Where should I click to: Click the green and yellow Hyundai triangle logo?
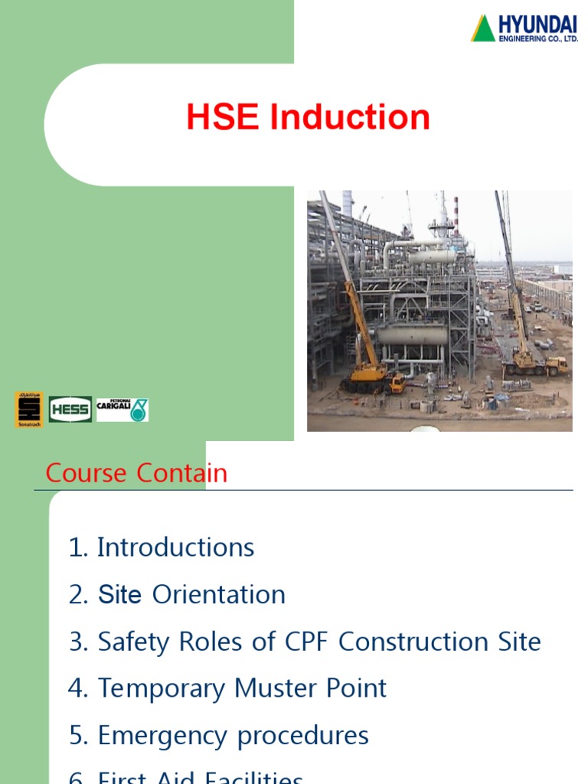[483, 28]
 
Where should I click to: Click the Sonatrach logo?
[29, 410]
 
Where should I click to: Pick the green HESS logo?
[70, 410]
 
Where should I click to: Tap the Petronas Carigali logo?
[122, 410]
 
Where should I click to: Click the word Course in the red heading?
[87, 473]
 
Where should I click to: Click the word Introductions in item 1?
[175, 547]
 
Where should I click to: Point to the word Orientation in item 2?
[219, 595]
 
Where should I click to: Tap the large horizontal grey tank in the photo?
[412, 335]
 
